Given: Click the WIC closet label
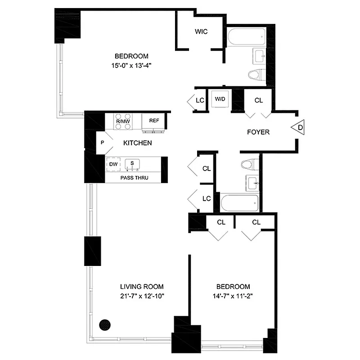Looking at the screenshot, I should pos(201,32).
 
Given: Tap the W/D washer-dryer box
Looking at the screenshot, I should pos(220,99).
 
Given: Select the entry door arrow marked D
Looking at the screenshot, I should pos(299,128).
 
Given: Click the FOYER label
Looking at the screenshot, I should pos(258,132).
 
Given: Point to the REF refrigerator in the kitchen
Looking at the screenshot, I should pos(154,121).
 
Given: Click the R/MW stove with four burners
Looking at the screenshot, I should pos(122,121).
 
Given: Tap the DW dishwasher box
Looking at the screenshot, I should pos(112,164).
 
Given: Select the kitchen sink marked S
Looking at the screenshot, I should pos(132,164).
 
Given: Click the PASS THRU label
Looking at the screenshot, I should pos(134,178).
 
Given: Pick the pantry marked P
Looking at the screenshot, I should pos(102,143).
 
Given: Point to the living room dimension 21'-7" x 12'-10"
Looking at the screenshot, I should pos(141,296).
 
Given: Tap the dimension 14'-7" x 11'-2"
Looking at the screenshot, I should pos(233,296).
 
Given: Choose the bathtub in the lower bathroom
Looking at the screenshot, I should pos(240,202).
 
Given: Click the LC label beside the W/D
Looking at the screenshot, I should pos(200,100).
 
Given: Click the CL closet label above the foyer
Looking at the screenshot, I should pos(258,100).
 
